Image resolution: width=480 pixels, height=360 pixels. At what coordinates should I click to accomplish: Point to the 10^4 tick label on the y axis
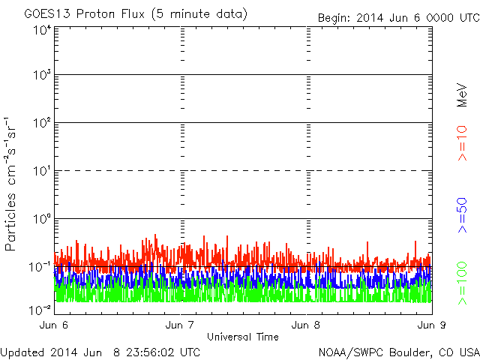(x=42, y=31)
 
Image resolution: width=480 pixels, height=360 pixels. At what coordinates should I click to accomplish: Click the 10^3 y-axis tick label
(x=42, y=76)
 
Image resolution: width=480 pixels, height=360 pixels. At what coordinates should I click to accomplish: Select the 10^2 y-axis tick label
(x=42, y=124)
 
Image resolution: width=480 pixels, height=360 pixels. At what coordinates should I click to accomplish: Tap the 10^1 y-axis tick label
(x=42, y=172)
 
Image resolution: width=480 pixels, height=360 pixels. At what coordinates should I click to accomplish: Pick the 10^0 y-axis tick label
(x=42, y=220)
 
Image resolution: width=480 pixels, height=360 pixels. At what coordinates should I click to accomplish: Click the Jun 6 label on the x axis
(x=54, y=326)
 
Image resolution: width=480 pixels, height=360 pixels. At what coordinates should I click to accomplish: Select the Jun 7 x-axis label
(x=181, y=326)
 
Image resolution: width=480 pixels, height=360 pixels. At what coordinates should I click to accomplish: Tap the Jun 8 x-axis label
(x=307, y=326)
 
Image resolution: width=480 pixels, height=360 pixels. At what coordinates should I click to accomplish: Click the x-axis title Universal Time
(x=243, y=337)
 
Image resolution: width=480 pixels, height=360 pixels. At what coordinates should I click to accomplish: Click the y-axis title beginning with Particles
(x=13, y=184)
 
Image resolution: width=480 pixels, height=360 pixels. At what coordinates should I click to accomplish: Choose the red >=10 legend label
(x=463, y=142)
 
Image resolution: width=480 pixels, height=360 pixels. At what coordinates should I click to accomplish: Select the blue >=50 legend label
(x=463, y=215)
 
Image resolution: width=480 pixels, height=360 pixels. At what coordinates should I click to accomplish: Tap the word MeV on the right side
(x=463, y=95)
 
